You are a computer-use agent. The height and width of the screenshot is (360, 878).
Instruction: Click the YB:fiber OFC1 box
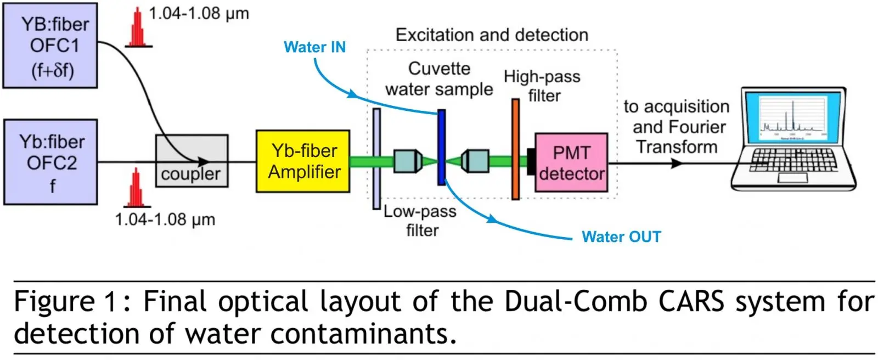point(50,46)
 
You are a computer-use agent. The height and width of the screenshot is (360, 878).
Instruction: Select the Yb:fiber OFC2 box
point(50,162)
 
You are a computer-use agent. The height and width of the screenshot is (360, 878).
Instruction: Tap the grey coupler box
point(192,161)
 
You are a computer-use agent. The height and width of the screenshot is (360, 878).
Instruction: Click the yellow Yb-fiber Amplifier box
point(303,161)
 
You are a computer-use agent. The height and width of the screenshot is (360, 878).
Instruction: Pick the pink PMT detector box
point(571,162)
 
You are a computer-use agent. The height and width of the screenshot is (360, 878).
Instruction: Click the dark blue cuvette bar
point(441,147)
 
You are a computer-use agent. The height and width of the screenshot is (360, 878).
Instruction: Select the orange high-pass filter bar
point(515,149)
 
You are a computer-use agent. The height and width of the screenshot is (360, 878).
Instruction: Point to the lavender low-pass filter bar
point(376,159)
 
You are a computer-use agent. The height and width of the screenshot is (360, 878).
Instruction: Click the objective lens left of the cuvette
point(408,161)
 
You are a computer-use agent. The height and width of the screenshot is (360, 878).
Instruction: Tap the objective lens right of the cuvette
point(475,161)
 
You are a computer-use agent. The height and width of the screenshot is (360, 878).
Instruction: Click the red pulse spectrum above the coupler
point(138,27)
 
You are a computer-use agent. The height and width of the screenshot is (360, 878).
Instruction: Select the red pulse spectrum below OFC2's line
point(137,188)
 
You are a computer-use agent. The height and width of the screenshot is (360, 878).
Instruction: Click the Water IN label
point(315,47)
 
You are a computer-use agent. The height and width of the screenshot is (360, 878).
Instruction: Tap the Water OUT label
point(621,237)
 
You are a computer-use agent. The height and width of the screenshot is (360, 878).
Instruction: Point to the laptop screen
point(793,117)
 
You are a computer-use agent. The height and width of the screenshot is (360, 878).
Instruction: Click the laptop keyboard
point(792,160)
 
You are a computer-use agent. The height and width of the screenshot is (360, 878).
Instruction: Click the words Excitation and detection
point(492,35)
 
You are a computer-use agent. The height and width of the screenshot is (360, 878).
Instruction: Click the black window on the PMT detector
point(532,161)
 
